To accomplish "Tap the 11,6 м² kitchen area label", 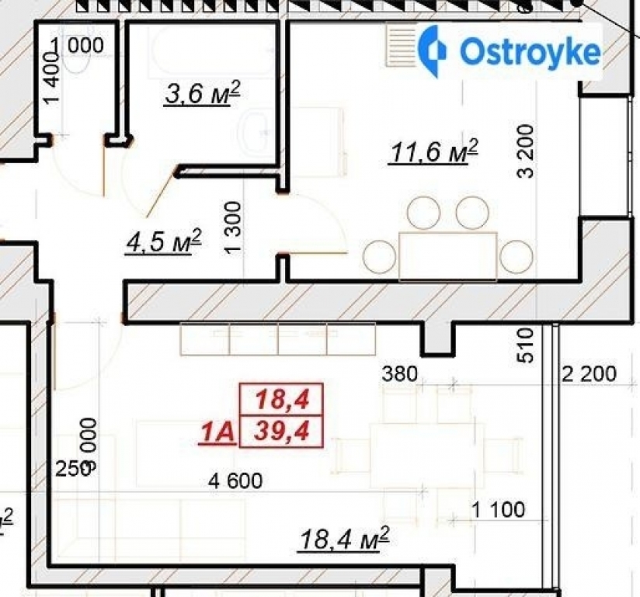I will (432, 152).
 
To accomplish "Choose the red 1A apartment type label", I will (217, 432).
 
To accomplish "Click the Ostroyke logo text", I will (530, 52).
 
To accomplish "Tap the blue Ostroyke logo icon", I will (433, 50).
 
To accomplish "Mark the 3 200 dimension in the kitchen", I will (527, 151).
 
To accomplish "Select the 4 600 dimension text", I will (235, 481).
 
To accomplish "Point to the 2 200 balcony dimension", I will (589, 375).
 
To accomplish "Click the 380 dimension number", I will (400, 374).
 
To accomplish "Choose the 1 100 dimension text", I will (499, 510).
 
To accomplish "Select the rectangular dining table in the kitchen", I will (447, 255).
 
